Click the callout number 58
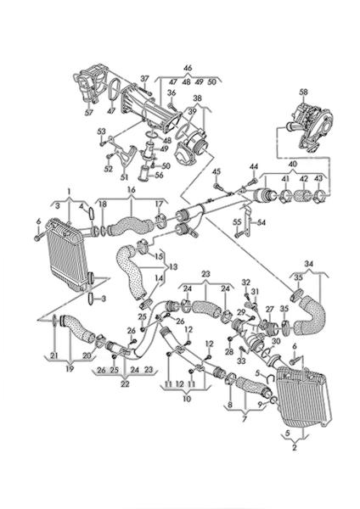click(x=303, y=92)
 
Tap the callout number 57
click(x=88, y=112)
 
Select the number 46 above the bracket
click(x=188, y=68)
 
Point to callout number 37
click(x=144, y=79)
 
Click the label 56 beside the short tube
click(x=159, y=175)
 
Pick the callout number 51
click(x=125, y=177)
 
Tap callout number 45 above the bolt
click(x=217, y=171)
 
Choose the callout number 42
click(x=303, y=179)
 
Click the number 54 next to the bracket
click(x=262, y=222)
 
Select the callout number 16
click(x=132, y=189)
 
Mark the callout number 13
click(x=173, y=267)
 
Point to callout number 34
click(x=309, y=264)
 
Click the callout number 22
click(x=125, y=384)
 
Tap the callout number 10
click(x=187, y=399)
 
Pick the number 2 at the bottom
click(x=295, y=448)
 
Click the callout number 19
click(x=70, y=369)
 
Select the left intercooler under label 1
click(x=67, y=255)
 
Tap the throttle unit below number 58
click(x=310, y=130)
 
